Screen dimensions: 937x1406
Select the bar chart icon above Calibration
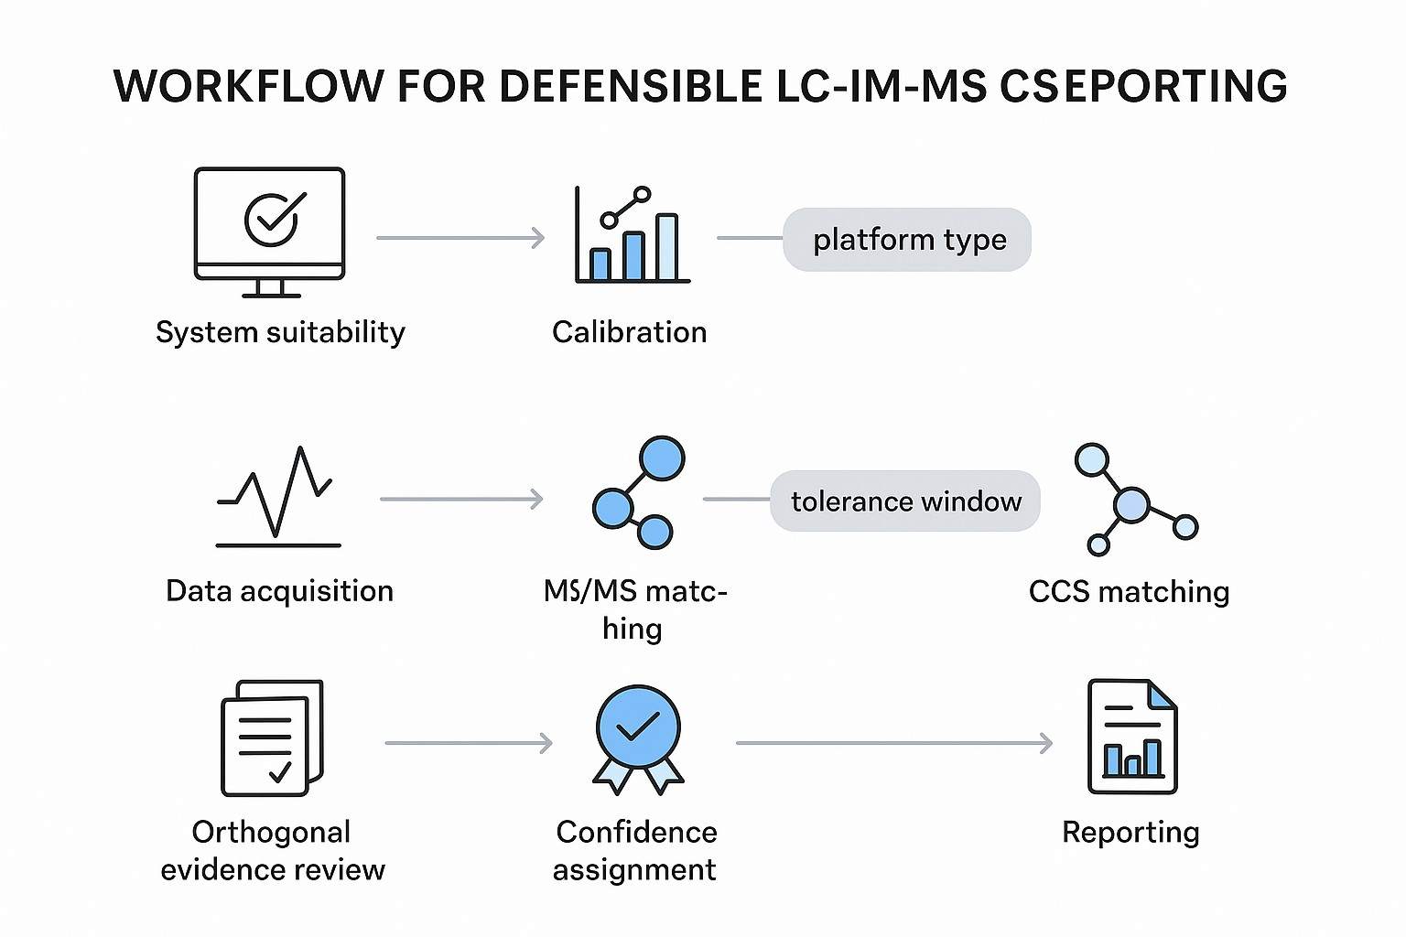tap(632, 236)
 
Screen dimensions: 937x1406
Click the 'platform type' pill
tap(907, 240)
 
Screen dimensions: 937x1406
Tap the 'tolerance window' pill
tap(905, 501)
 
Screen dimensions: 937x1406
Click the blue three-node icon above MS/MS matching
tap(639, 493)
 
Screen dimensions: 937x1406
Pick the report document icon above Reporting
tap(1132, 737)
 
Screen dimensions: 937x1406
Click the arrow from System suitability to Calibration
tap(460, 239)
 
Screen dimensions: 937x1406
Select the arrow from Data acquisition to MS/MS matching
tap(461, 500)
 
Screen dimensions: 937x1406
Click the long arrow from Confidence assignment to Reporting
tap(893, 743)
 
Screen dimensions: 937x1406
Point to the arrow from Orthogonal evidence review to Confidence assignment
tap(468, 743)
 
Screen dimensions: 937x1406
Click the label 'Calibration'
tap(630, 332)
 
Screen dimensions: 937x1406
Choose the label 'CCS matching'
tap(1129, 592)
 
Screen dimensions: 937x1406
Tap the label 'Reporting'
tap(1130, 833)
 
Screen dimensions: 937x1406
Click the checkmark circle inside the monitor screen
tap(271, 219)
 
